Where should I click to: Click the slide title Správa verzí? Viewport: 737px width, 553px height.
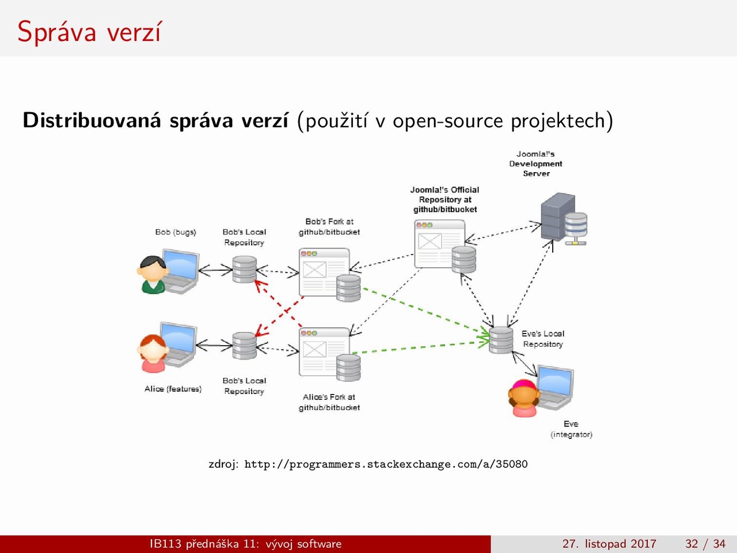[89, 32]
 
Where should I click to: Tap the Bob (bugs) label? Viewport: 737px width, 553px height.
[176, 232]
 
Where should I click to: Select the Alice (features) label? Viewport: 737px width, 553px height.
[173, 389]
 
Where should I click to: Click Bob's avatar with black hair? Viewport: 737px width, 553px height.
[153, 275]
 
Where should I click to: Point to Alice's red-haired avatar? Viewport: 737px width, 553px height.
[153, 353]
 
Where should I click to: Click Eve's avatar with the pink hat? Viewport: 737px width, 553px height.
[524, 398]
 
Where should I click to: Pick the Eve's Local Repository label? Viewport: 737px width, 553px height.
[543, 339]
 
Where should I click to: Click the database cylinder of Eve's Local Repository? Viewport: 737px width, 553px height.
[501, 340]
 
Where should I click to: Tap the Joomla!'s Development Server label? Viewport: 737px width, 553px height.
[535, 164]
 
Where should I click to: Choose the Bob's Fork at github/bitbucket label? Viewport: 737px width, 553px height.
[329, 226]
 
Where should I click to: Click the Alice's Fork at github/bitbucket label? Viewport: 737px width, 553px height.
[329, 402]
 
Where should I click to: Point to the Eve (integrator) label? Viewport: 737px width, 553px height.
[571, 429]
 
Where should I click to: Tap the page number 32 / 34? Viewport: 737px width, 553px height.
[705, 543]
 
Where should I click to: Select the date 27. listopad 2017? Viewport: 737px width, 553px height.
[609, 543]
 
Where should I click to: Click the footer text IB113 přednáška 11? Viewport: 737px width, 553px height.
[204, 544]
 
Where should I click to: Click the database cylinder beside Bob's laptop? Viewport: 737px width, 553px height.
[245, 269]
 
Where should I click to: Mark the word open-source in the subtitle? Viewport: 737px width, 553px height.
[448, 121]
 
